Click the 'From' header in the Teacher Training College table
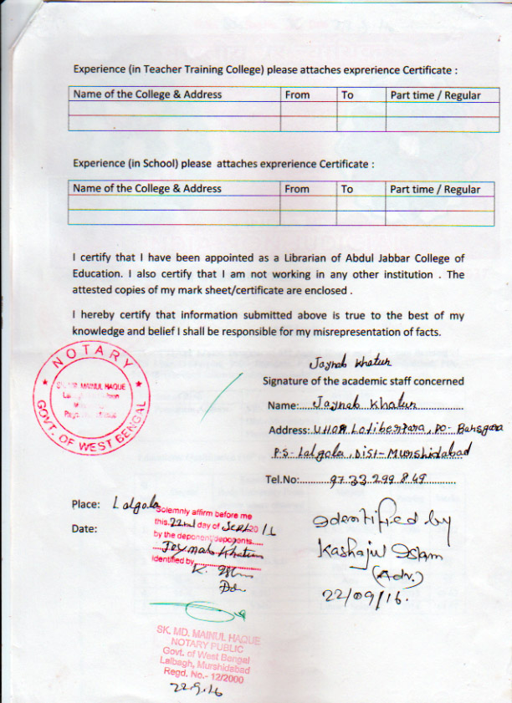coord(297,95)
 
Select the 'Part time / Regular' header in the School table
coord(435,189)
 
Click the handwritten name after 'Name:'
coord(352,405)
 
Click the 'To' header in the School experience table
coord(347,189)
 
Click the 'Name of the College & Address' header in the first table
coord(147,94)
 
